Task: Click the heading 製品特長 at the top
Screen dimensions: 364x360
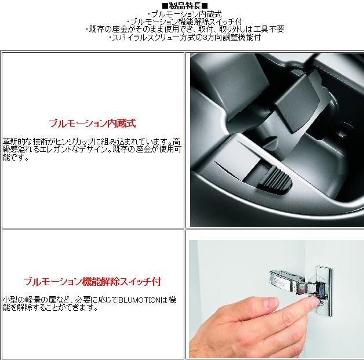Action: (x=185, y=5)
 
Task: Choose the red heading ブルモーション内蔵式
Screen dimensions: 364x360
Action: (x=92, y=123)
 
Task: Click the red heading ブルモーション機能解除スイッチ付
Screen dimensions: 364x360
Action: (x=92, y=281)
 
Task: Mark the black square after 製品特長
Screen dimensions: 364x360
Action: (x=205, y=6)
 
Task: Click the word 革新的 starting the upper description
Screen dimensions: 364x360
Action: (x=14, y=141)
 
